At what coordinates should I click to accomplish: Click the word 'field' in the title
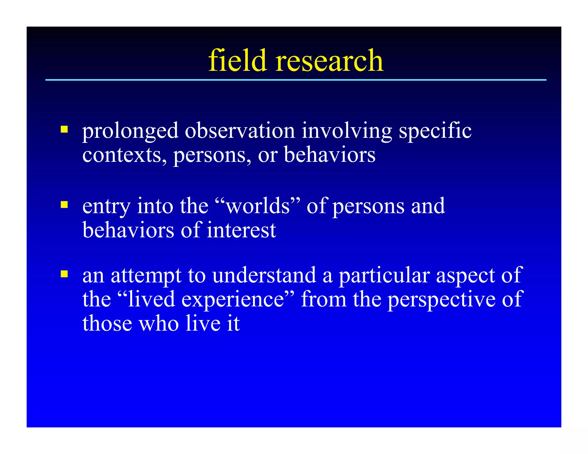click(x=237, y=61)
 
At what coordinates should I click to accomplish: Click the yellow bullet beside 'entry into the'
click(x=64, y=205)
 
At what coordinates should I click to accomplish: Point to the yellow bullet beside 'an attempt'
click(x=64, y=274)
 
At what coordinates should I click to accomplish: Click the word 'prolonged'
click(x=130, y=131)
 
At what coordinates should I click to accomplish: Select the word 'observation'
click(x=240, y=131)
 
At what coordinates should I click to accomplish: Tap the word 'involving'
click(x=347, y=131)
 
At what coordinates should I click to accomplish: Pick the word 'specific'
click(x=435, y=131)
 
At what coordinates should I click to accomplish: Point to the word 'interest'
click(x=241, y=230)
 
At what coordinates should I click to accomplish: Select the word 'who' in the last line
click(x=159, y=324)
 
